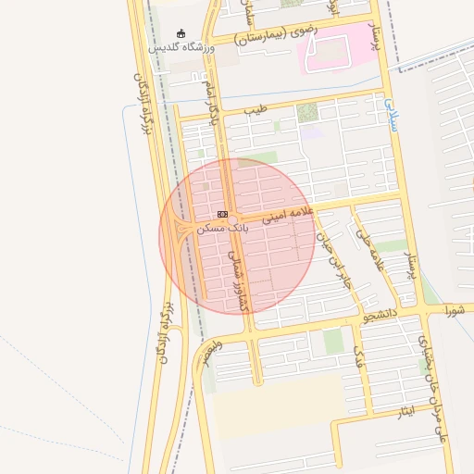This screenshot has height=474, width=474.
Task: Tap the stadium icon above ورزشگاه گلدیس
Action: (181, 33)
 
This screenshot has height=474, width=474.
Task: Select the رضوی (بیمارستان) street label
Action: (276, 34)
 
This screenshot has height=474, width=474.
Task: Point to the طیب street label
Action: (255, 110)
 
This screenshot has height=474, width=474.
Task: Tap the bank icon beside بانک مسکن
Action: (222, 214)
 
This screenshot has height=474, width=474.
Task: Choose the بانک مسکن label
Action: (223, 227)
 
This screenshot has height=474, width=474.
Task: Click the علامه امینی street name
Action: (290, 216)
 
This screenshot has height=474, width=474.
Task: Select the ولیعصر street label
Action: (212, 353)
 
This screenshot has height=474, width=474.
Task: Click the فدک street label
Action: (360, 355)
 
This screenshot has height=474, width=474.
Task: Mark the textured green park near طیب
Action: (306, 113)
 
